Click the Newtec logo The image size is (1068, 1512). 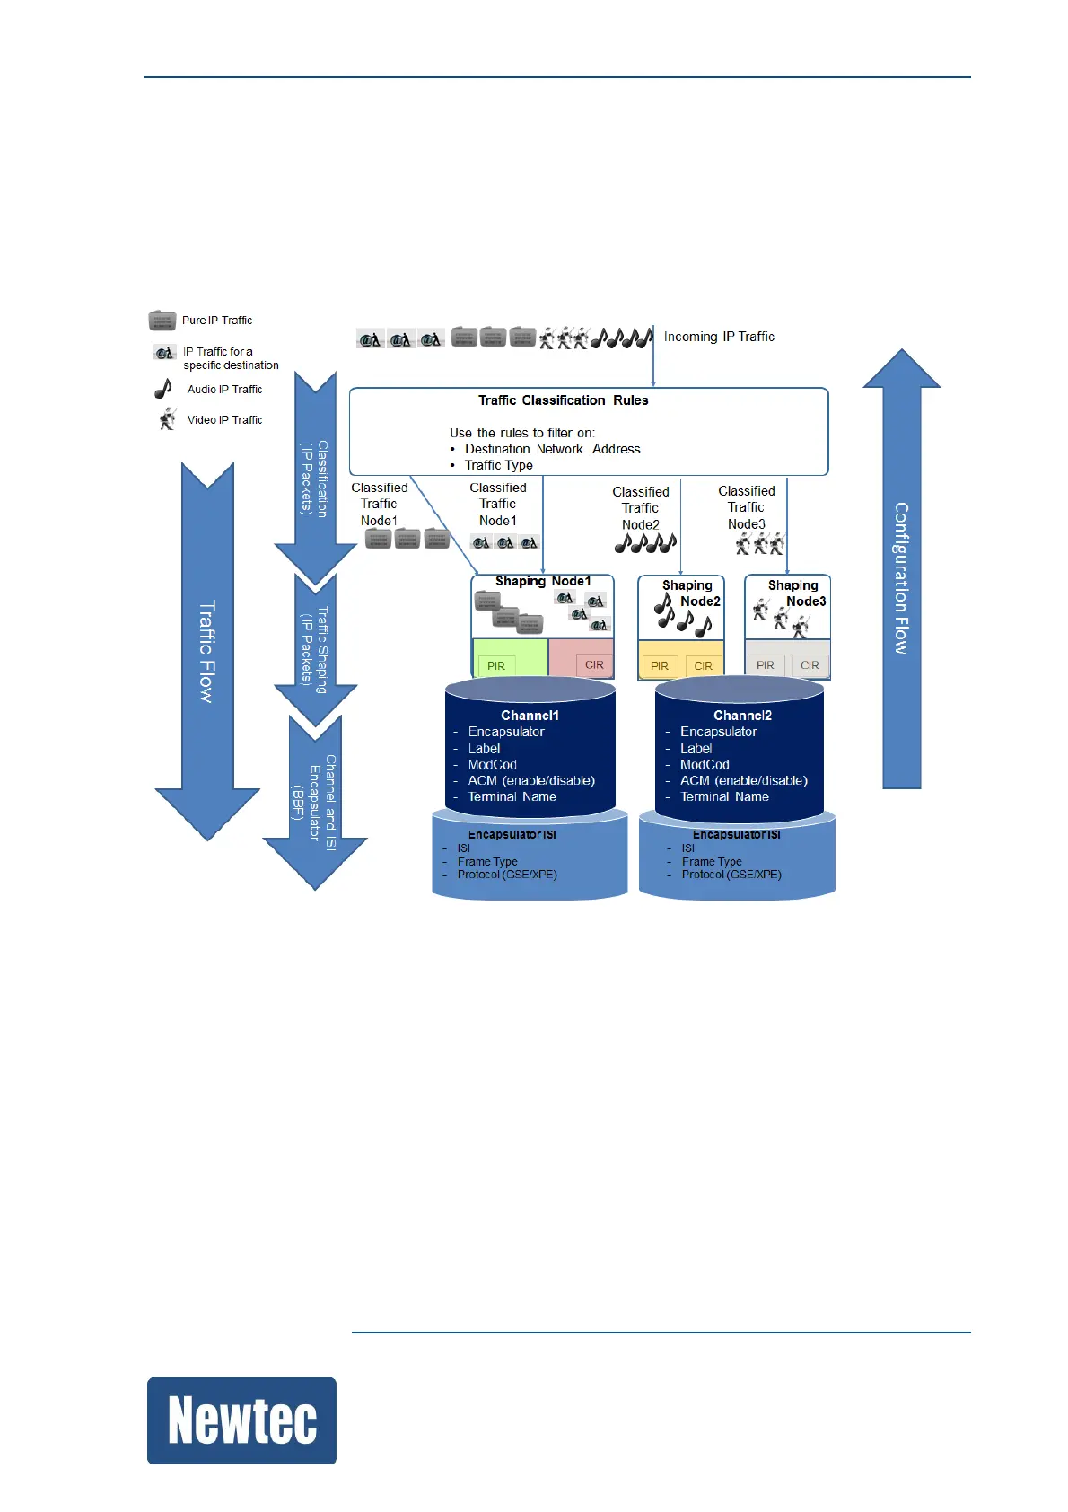pos(241,1420)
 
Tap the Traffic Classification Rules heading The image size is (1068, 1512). pos(563,400)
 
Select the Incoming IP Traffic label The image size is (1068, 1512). pos(719,337)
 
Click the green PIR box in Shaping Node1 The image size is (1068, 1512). pos(496,665)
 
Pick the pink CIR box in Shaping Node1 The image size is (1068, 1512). pos(594,664)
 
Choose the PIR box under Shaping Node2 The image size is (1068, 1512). pos(660,665)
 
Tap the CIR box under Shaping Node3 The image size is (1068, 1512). pos(810,665)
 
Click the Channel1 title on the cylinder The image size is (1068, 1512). pos(530,716)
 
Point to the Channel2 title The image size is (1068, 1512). pos(742,716)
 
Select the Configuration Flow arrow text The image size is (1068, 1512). pos(901,577)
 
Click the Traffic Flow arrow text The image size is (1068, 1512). pos(207,651)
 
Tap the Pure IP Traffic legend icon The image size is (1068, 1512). pos(162,321)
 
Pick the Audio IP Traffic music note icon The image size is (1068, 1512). pos(163,389)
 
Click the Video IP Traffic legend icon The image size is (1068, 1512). pos(167,419)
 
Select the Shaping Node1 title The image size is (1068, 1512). pos(543,581)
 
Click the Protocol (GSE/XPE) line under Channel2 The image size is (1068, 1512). pos(731,875)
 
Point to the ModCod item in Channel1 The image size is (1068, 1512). pos(492,764)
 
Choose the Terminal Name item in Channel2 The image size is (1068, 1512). pos(724,796)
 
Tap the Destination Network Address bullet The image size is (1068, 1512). pos(552,449)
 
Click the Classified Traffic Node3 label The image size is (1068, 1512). pos(747,507)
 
